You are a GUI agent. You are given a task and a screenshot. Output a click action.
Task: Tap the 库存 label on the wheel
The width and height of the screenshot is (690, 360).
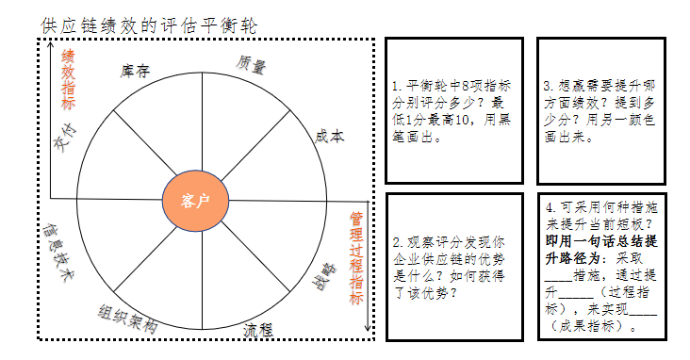(136, 72)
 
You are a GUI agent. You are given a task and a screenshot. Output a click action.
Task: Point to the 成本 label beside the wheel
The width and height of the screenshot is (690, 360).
(329, 136)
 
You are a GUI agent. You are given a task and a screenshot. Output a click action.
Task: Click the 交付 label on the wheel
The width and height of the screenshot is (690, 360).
(63, 142)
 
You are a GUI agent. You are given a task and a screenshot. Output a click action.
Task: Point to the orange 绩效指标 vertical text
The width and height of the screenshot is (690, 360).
(68, 79)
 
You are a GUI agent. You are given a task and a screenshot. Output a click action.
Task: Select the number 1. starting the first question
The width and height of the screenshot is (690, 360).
(397, 86)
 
